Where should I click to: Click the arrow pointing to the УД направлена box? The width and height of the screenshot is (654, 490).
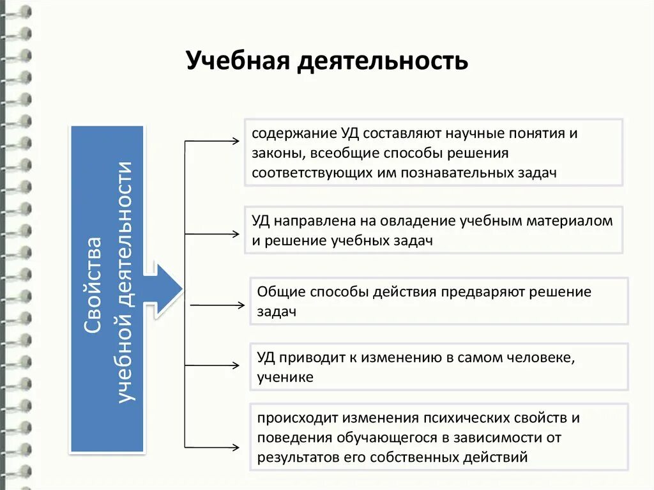pos(211,234)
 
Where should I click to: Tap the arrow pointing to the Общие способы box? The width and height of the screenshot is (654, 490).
pos(217,305)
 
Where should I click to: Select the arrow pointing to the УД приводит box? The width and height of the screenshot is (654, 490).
pos(211,365)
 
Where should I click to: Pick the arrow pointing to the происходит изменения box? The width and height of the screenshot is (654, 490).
pos(211,446)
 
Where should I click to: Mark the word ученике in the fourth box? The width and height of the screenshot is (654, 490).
pos(285,377)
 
